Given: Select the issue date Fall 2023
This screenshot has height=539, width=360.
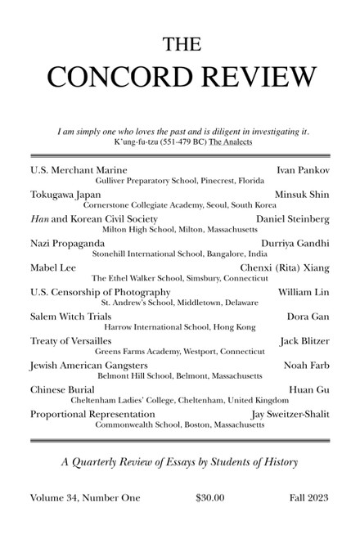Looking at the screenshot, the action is pyautogui.click(x=309, y=498).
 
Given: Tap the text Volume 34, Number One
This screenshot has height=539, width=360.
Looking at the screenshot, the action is pyautogui.click(x=85, y=498).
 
